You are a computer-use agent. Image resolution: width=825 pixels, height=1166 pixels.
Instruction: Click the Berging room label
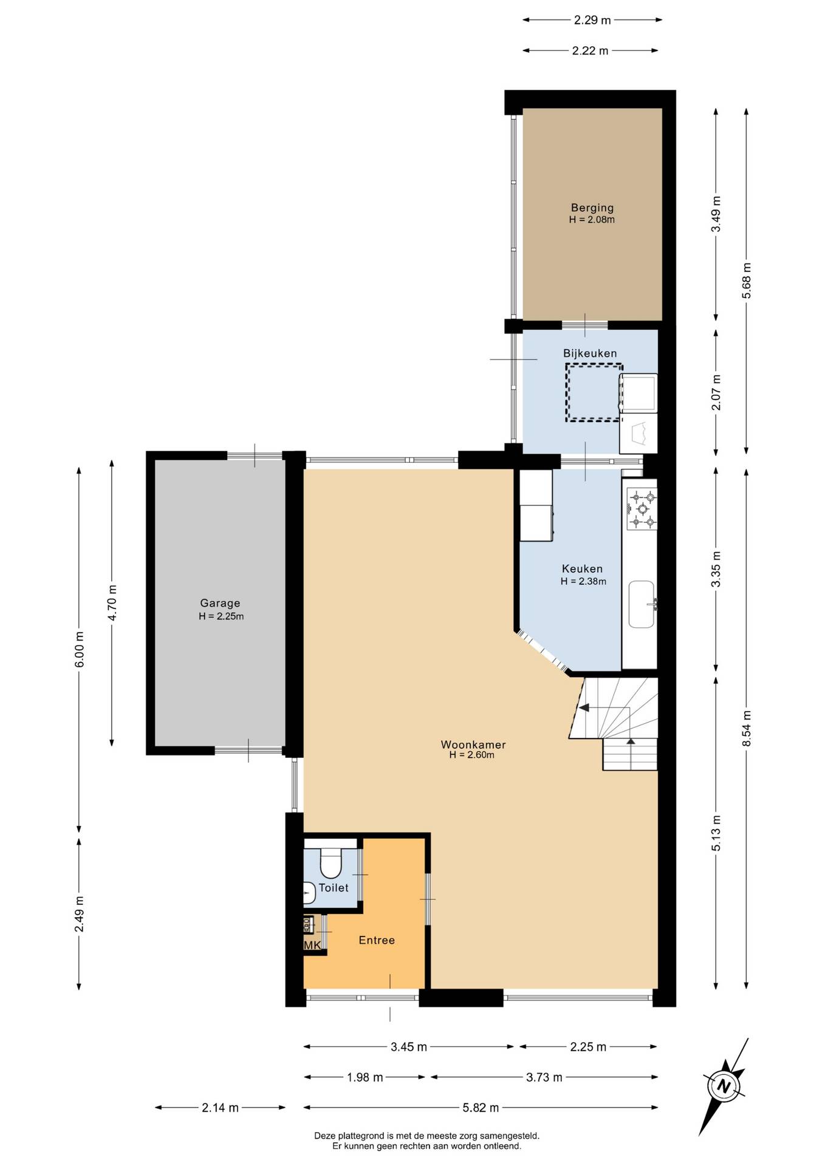[x=592, y=208]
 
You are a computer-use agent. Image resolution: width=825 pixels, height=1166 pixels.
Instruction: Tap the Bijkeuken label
[x=589, y=353]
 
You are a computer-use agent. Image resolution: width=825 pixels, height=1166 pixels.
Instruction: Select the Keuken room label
[x=582, y=569]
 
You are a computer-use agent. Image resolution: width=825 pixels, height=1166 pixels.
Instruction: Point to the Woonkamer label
[x=473, y=745]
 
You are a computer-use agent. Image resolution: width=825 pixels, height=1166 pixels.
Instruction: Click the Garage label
[x=220, y=603]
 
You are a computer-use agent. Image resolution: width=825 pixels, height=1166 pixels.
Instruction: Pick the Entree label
[x=377, y=940]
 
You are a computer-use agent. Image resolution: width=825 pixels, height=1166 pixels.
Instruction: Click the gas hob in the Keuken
[x=642, y=508]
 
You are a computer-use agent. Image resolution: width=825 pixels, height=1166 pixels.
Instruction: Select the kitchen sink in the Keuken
[x=642, y=604]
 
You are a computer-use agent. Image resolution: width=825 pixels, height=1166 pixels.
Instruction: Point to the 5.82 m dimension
[x=481, y=1108]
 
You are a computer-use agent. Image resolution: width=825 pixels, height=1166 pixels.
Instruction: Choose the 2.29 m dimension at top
[x=592, y=20]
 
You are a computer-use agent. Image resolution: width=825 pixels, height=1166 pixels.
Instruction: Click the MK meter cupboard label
[x=312, y=946]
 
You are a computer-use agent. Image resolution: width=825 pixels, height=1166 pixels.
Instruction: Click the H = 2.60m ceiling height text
[x=472, y=755]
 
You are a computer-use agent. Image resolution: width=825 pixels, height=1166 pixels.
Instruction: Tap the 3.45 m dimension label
[x=409, y=1047]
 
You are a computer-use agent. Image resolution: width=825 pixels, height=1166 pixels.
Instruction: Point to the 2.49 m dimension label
[x=79, y=915]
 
